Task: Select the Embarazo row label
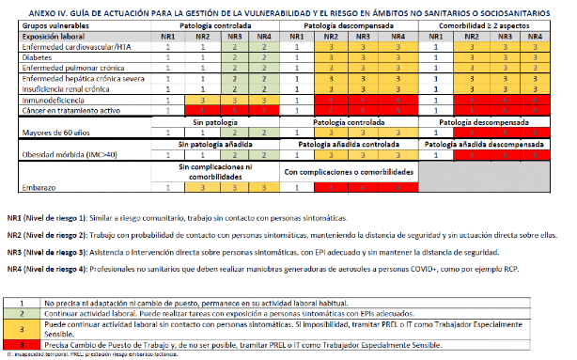[x=25, y=187]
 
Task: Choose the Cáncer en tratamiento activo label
[x=54, y=108]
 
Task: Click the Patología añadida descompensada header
[x=494, y=143]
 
